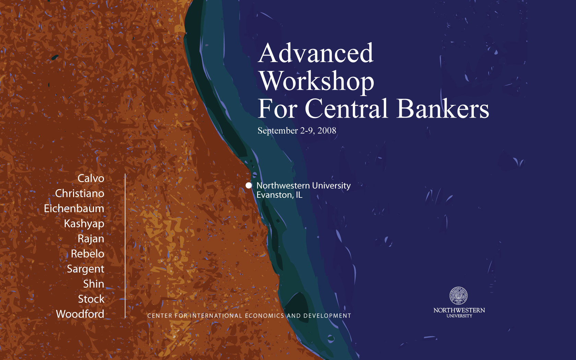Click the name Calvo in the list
pos(91,178)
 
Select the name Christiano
pos(80,193)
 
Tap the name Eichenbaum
pos(74,208)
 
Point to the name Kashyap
pos(84,224)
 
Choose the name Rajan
pos(91,239)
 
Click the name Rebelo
pos(88,254)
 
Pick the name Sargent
pos(86,269)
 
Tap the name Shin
pos(94,284)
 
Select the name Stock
pos(91,299)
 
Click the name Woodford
pos(80,314)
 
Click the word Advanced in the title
pos(315,53)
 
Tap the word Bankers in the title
pos(443,108)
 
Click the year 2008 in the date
pos(327,131)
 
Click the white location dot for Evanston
pos(249,185)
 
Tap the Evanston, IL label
pos(279,195)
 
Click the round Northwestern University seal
pos(458,296)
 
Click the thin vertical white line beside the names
pos(125,246)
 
